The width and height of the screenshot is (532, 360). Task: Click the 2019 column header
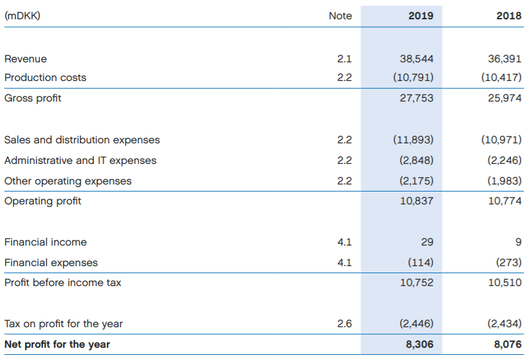pyautogui.click(x=421, y=15)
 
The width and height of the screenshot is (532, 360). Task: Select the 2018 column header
pyautogui.click(x=509, y=15)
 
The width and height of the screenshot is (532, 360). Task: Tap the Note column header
pyautogui.click(x=340, y=15)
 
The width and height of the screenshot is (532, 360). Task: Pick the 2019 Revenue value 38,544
pyautogui.click(x=417, y=59)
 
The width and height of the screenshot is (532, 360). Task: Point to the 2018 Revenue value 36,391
pyautogui.click(x=505, y=59)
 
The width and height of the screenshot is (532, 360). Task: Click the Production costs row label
pyautogui.click(x=45, y=77)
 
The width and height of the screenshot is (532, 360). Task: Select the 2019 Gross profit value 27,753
pyautogui.click(x=417, y=98)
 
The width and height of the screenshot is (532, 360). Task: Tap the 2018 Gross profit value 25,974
pyautogui.click(x=505, y=98)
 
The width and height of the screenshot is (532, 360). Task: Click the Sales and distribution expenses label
pyautogui.click(x=82, y=139)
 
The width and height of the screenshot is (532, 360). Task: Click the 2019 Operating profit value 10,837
pyautogui.click(x=417, y=201)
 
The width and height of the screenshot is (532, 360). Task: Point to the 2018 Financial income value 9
pyautogui.click(x=518, y=242)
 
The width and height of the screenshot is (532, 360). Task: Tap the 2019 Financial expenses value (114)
pyautogui.click(x=420, y=262)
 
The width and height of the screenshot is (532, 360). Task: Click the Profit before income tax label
pyautogui.click(x=62, y=282)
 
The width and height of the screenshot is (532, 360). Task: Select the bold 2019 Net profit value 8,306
pyautogui.click(x=420, y=345)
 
